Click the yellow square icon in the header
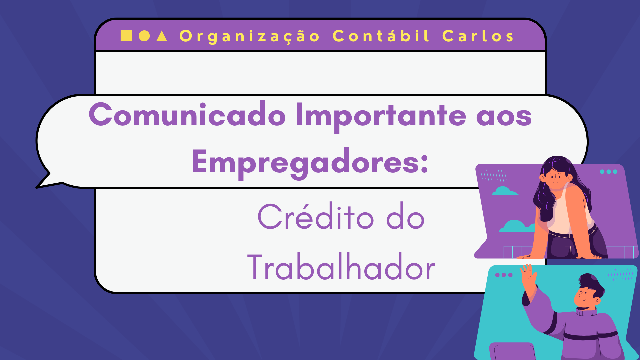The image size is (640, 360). (x=126, y=36)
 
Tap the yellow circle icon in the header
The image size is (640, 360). (x=144, y=36)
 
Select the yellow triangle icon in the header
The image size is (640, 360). (x=162, y=36)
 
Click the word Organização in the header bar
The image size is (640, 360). (x=249, y=36)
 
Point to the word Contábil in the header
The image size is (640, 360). (x=381, y=36)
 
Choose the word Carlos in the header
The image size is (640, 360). (x=478, y=36)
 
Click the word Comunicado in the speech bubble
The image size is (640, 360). (x=187, y=115)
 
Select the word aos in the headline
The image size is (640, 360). (x=504, y=117)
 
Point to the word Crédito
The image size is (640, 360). (x=315, y=217)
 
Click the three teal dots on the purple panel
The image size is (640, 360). (x=609, y=172)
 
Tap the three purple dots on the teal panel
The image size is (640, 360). (x=504, y=275)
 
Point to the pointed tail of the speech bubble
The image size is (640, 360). (x=37, y=187)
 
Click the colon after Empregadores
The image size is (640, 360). (x=424, y=164)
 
